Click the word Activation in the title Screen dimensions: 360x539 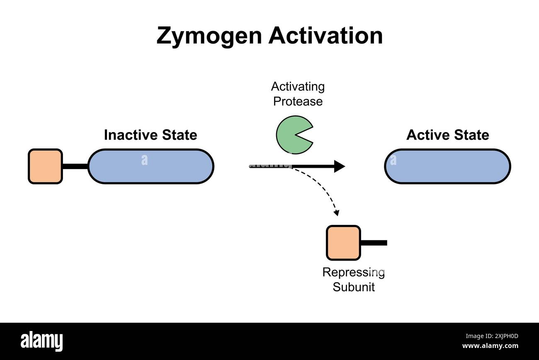coord(325,36)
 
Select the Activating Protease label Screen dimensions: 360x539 coord(298,94)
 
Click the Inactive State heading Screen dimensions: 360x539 coord(150,135)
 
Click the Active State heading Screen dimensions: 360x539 coord(447,135)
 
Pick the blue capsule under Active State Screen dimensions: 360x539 coord(447,166)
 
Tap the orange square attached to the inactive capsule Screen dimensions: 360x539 coord(45,166)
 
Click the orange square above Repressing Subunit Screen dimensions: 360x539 coord(343,243)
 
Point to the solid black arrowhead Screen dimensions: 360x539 coord(340,166)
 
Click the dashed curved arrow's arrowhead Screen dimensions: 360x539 coord(337,213)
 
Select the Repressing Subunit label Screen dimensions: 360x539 coord(354,280)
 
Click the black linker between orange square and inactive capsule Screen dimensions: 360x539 coord(75,167)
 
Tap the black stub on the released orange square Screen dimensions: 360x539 coord(374,243)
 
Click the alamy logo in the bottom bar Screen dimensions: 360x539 coord(42,341)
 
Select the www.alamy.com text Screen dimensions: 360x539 coord(490,346)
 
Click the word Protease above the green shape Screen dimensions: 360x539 coord(298,101)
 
